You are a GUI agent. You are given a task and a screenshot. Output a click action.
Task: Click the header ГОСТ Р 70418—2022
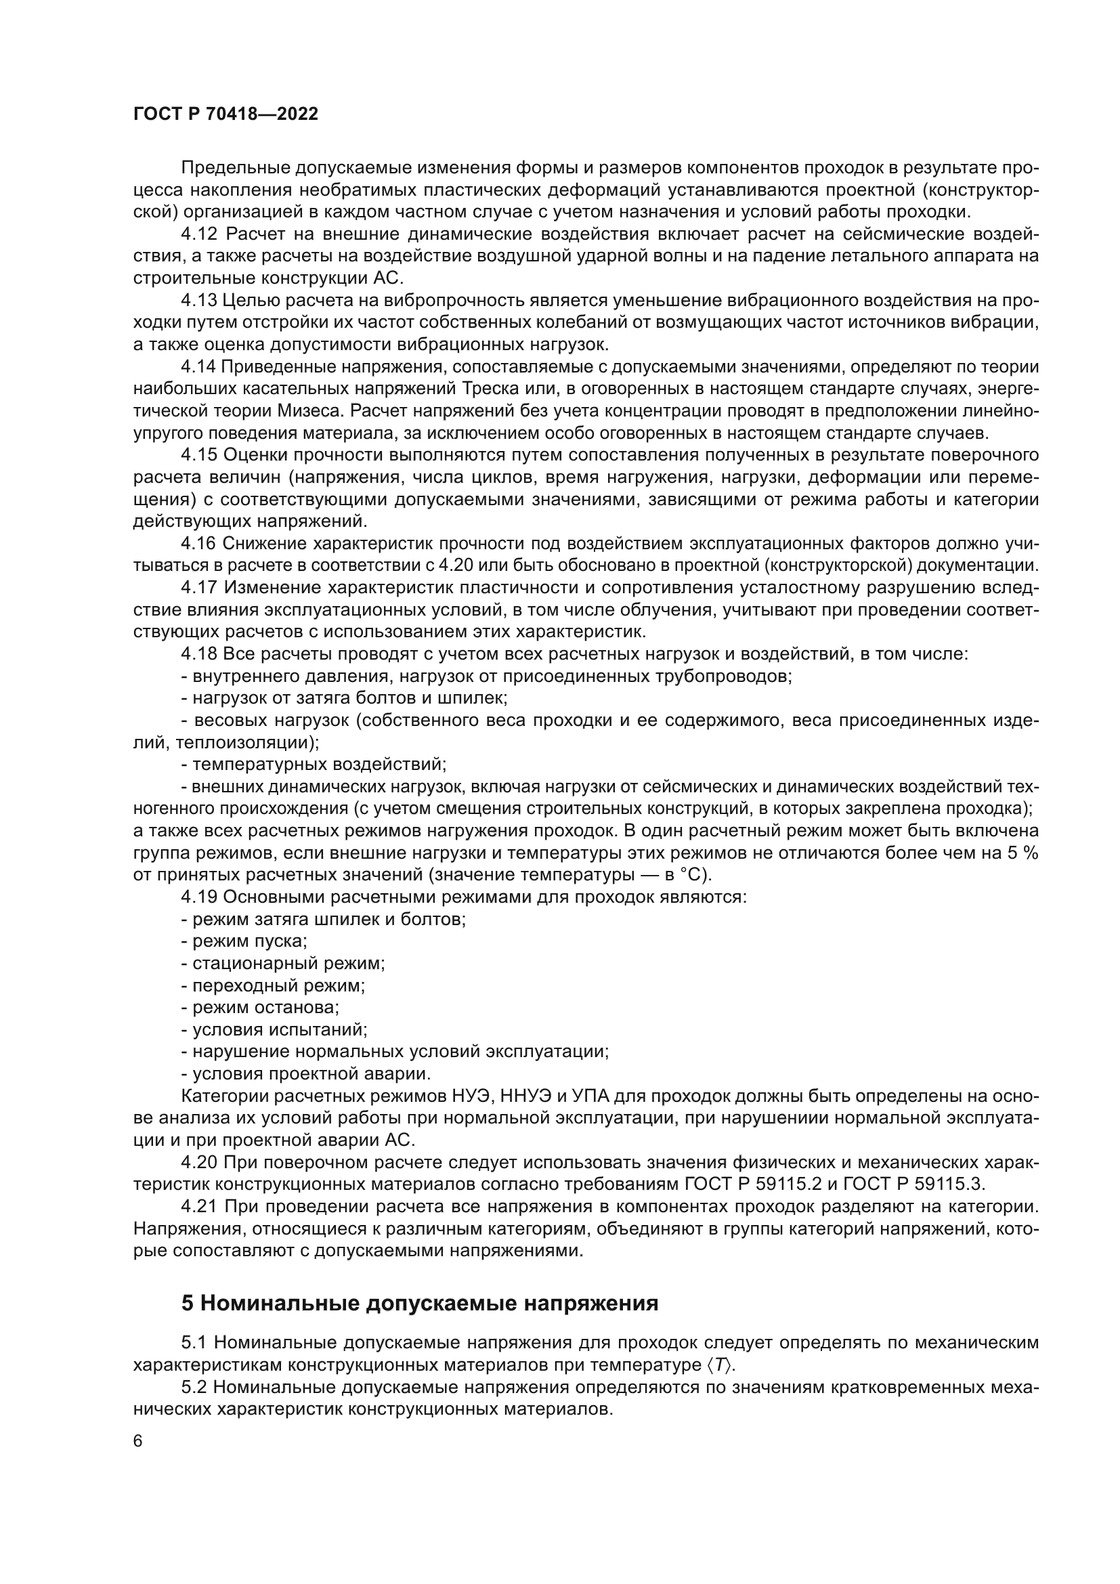click(x=225, y=114)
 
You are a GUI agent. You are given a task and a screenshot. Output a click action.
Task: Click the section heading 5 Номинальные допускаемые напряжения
click(x=419, y=1303)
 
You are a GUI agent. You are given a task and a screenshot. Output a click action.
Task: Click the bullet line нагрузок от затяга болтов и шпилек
click(x=345, y=698)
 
